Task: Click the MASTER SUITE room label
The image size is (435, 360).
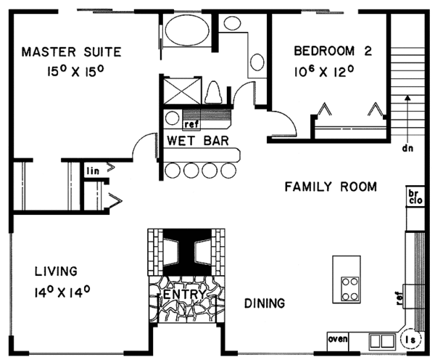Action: pos(71,52)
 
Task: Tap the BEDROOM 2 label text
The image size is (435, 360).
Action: pos(333,51)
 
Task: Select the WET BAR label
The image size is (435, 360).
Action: pos(198,141)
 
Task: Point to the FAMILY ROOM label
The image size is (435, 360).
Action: pos(331,187)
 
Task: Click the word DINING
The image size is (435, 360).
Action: pos(265,303)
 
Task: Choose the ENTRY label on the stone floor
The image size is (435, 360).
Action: pos(185,294)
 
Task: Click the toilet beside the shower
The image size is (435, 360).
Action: pos(213,92)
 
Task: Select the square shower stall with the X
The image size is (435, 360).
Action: pos(182,91)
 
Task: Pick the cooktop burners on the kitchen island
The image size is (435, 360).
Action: pos(349,289)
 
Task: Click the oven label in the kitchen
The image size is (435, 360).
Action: pos(338,339)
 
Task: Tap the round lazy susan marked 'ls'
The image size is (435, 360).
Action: pos(411,339)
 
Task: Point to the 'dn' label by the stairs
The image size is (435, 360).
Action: pos(407,148)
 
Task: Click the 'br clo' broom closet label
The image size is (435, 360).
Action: pos(415,197)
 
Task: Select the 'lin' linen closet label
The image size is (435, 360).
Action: pos(93,171)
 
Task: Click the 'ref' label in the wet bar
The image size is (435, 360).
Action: pos(191,124)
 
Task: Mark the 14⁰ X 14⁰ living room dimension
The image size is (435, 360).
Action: pos(62,292)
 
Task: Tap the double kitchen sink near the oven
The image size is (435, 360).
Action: pos(382,341)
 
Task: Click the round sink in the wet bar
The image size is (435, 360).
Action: pos(172,118)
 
